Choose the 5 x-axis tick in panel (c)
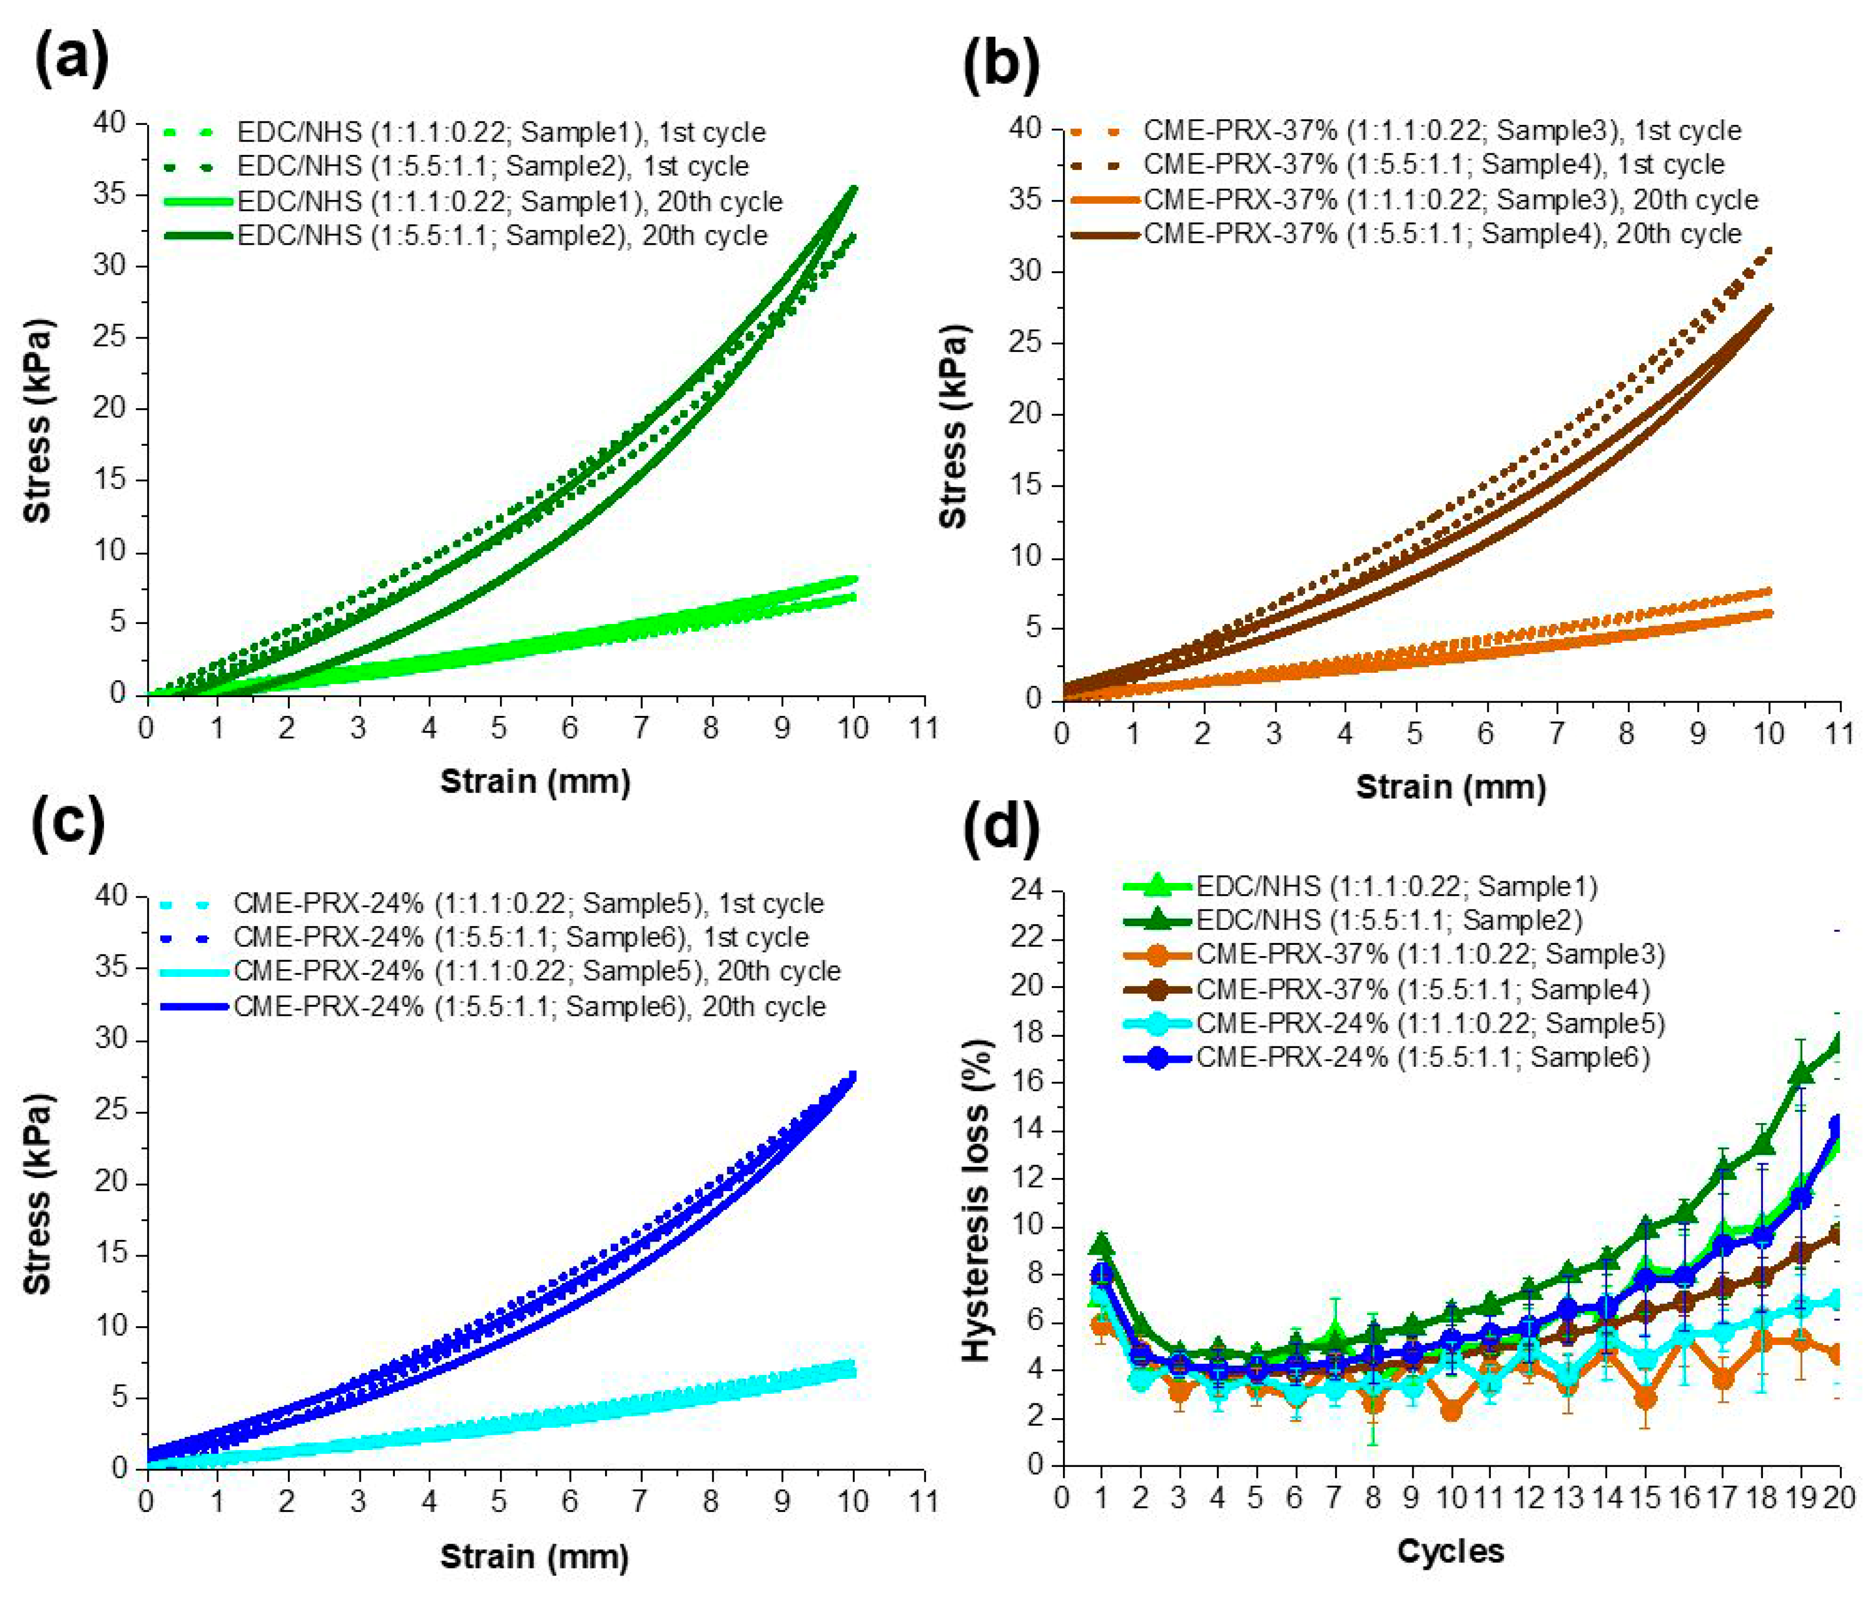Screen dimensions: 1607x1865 (498, 1501)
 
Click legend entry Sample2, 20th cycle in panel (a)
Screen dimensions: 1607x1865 (502, 236)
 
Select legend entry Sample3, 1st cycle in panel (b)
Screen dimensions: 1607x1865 (1442, 130)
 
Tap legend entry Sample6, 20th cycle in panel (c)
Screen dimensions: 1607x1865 (529, 1006)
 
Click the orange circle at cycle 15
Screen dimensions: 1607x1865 (1645, 1398)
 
